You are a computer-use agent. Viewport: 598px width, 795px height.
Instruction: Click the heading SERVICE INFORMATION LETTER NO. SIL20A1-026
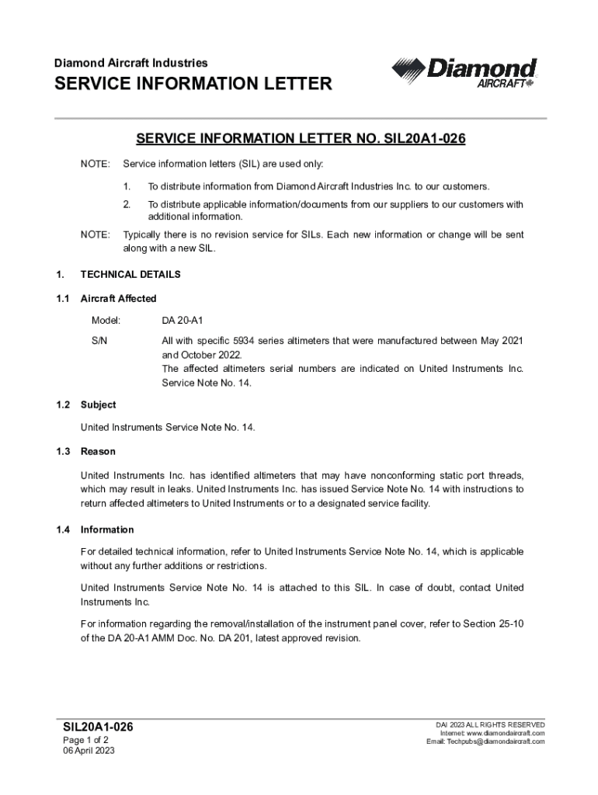[300, 139]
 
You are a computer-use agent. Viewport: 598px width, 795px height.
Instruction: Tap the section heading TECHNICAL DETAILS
[130, 274]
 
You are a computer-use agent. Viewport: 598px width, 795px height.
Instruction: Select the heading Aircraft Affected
[118, 298]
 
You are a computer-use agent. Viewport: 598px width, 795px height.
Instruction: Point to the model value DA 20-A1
[182, 320]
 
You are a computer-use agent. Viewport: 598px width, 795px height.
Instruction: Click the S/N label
[99, 341]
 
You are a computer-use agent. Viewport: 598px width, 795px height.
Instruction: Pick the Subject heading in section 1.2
[98, 404]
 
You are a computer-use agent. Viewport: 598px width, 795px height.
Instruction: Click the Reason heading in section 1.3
[98, 451]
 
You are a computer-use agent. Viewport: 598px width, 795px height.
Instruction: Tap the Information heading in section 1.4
[107, 529]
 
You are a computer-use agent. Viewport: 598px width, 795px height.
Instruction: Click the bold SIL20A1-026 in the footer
[98, 727]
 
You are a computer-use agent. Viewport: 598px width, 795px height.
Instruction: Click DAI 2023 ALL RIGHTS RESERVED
[490, 724]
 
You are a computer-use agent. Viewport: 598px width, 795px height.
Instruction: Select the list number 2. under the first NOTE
[127, 204]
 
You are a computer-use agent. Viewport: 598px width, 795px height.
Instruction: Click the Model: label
[106, 320]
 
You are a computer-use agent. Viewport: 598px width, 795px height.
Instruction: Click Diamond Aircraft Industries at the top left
[130, 62]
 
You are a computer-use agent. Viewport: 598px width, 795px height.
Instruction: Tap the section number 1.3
[63, 451]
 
